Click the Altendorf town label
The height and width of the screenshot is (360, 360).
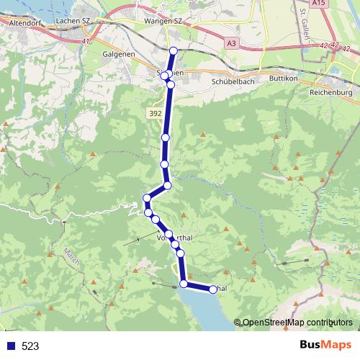26,23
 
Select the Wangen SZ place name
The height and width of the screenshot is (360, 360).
164,22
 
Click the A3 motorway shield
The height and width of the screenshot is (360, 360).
231,44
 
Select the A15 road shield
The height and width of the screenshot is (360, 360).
341,4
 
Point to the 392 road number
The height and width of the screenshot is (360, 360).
155,113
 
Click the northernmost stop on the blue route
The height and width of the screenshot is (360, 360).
174,50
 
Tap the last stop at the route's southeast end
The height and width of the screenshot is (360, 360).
213,289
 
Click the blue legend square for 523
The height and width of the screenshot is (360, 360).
11,346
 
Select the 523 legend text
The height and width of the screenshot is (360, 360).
31,346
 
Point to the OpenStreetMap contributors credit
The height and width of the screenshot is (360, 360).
297,323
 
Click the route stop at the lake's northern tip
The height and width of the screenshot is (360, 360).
184,284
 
